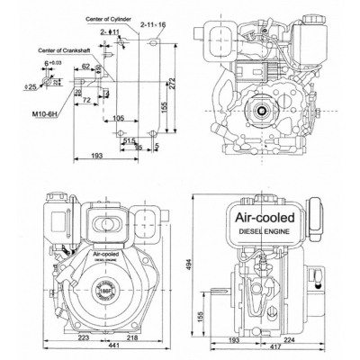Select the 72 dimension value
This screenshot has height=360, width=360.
[87, 101]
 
